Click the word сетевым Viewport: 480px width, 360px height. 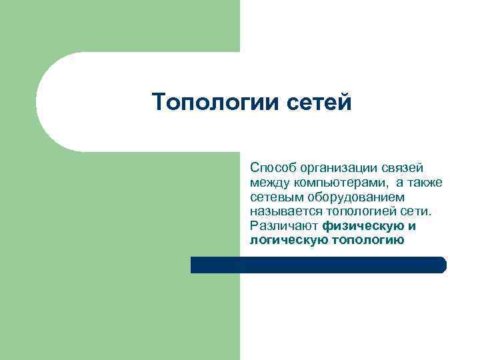273,197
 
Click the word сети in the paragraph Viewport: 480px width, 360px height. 419,211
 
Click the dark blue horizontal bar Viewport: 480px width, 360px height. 318,265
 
